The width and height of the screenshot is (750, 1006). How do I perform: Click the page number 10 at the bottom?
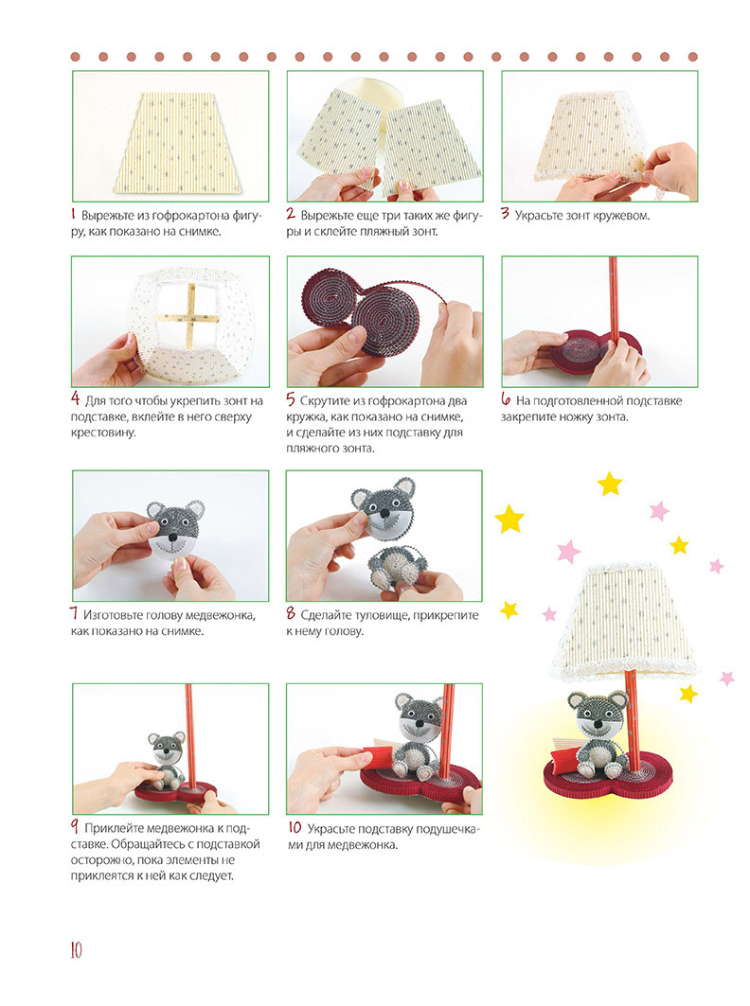tap(77, 949)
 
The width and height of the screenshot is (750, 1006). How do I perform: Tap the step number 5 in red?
tap(291, 400)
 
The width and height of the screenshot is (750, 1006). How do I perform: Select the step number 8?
tap(291, 614)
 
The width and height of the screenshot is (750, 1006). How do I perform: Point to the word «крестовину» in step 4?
tap(103, 432)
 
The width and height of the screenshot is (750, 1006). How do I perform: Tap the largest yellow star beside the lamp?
tap(509, 519)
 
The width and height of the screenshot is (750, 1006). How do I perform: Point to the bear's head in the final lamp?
tap(599, 714)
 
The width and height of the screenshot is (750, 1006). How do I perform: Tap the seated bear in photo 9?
tap(167, 761)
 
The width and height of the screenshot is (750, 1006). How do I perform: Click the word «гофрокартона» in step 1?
tap(182, 216)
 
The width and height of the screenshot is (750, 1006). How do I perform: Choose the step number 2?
tap(291, 215)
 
